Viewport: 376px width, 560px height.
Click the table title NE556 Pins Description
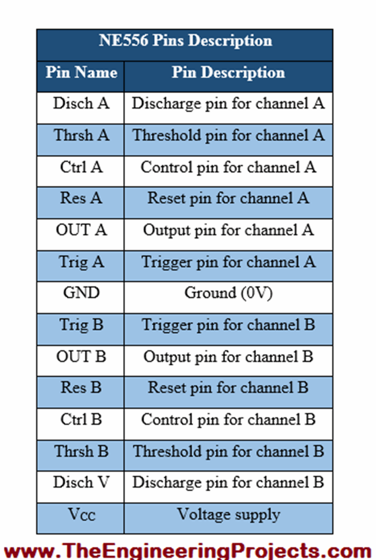[185, 40]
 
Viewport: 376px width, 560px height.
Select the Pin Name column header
[81, 72]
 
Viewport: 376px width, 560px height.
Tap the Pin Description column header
[228, 72]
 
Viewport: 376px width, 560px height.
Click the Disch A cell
[81, 103]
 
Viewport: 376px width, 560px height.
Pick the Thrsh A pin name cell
[81, 135]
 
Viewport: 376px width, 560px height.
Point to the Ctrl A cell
[81, 167]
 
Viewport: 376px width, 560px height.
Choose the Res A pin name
[81, 199]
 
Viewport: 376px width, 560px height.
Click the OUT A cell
[81, 230]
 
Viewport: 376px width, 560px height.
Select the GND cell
[81, 293]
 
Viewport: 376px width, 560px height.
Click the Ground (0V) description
[228, 293]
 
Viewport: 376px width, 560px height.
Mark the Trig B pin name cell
[81, 325]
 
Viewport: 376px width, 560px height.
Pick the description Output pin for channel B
[228, 357]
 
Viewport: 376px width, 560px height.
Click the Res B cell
[81, 388]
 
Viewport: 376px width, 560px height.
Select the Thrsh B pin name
[81, 451]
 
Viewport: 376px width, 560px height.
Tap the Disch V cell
[81, 483]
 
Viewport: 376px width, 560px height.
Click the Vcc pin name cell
[81, 514]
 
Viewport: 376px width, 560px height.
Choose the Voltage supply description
[228, 514]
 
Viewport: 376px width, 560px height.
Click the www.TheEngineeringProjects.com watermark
[188, 551]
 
